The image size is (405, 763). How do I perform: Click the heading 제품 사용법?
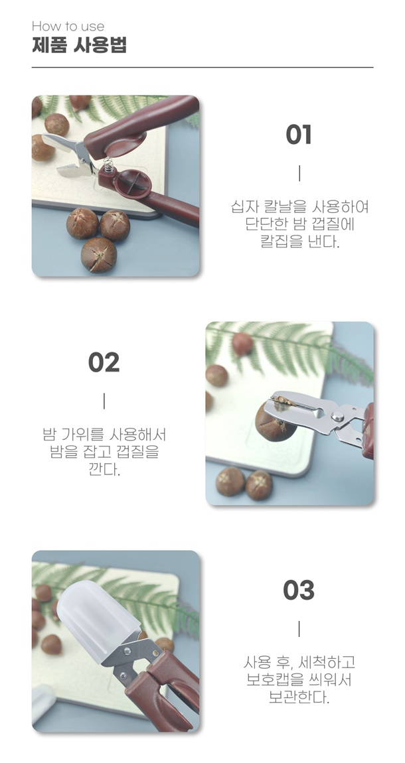pos(80,44)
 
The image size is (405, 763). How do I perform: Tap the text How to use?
pos(68,27)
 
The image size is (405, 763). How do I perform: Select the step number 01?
pos(299,135)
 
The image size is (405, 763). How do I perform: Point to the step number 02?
pos(104,362)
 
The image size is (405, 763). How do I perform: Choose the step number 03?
pos(299,590)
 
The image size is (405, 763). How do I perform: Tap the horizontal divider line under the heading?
pos(202,67)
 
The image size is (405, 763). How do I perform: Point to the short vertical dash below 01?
pos(299,173)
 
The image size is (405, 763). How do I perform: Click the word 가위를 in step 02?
pos(82,434)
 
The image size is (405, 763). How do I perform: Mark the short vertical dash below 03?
pos(299,629)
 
